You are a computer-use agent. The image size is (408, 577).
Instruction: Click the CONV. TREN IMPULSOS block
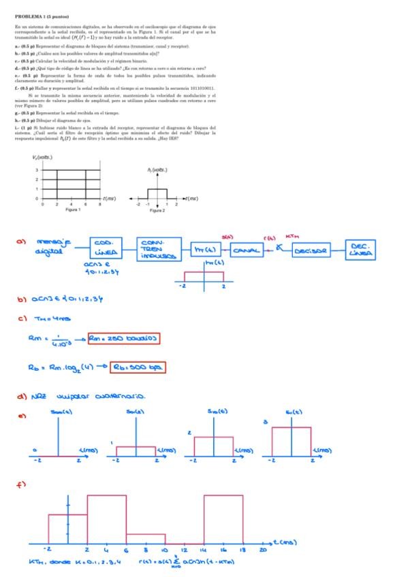point(159,250)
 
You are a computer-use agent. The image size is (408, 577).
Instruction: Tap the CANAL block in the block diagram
point(247,251)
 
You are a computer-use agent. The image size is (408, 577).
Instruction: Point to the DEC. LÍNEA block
point(368,250)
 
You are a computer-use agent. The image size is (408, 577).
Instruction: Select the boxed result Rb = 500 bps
point(140,367)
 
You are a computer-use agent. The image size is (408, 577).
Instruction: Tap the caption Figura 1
point(73,210)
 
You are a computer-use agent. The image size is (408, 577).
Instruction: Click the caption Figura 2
point(157,210)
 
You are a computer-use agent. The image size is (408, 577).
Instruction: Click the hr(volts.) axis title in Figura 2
point(157,170)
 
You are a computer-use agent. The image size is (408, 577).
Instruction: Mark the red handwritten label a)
point(20,240)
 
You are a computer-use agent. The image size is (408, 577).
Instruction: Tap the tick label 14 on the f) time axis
point(204,549)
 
